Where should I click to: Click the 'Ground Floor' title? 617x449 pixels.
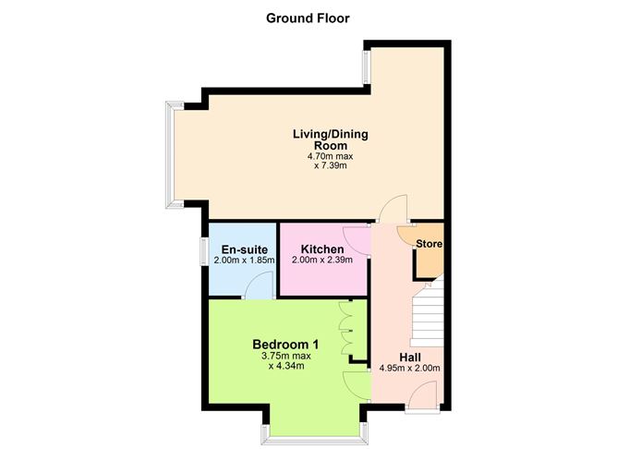point(308,18)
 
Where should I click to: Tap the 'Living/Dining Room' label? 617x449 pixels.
point(330,140)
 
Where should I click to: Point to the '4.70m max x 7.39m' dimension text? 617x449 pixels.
point(330,162)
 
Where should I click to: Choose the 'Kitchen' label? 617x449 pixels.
point(323,249)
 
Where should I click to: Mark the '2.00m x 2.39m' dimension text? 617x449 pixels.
point(323,261)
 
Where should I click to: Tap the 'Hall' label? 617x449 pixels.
point(411,357)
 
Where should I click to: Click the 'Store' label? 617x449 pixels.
point(429,244)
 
